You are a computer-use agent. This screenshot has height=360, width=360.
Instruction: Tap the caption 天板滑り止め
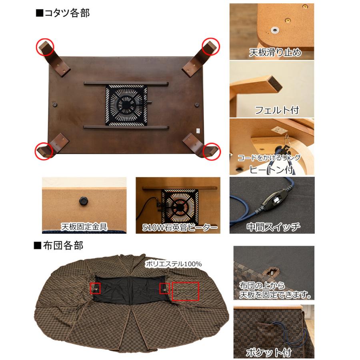coord(275,52)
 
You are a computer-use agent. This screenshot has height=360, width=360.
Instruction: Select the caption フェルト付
coord(276,109)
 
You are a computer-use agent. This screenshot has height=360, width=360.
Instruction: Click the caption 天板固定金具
coord(84,227)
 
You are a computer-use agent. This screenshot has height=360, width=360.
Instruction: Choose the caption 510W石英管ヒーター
coord(180,228)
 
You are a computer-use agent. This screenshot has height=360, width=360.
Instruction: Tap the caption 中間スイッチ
coord(273,227)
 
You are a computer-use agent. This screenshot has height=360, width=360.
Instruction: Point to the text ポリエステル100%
coord(174,264)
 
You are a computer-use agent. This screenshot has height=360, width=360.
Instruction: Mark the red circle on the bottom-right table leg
coord(212,151)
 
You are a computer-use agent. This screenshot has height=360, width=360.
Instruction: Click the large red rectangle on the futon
coord(185,291)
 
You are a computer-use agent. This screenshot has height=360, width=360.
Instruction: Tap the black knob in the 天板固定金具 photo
coord(83,200)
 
